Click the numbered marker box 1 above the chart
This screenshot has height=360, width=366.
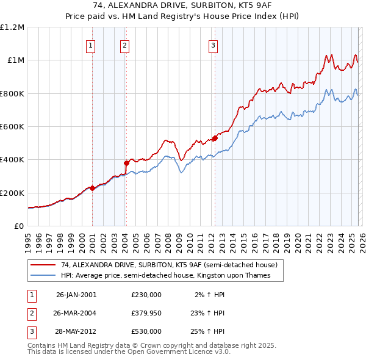tap(90, 45)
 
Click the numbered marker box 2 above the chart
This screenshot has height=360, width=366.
tap(124, 45)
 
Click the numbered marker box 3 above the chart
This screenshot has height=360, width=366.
tap(213, 45)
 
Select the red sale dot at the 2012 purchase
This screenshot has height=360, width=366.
tap(215, 138)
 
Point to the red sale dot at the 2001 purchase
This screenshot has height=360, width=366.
tap(92, 188)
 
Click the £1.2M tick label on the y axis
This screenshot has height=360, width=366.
tap(12, 27)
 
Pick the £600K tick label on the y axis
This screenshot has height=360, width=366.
tap(12, 127)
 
